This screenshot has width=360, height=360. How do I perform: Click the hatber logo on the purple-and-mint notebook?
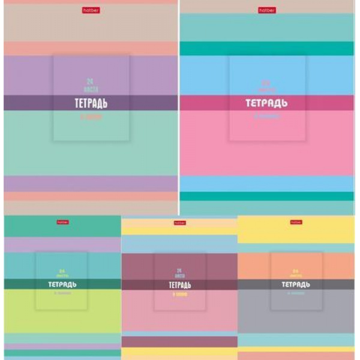91,10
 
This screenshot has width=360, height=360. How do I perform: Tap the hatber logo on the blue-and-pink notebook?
267,10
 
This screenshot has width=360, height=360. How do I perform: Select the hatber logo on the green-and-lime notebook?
62,222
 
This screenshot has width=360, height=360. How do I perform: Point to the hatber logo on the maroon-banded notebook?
179,223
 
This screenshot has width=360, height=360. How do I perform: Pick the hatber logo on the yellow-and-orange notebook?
296,222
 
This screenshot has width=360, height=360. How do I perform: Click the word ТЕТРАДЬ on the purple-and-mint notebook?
91,103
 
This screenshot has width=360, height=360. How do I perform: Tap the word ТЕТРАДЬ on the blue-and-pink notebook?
267,103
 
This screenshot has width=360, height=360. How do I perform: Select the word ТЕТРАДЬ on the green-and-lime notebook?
62,284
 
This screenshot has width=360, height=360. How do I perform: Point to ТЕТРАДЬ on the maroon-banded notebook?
179,284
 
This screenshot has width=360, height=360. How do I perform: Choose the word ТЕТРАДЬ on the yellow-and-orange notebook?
296,284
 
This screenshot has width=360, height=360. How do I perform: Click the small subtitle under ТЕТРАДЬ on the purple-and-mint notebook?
91,118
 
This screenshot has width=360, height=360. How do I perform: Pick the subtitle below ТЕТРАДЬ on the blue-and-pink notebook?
267,118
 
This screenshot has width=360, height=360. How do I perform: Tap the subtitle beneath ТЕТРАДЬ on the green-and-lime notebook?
62,294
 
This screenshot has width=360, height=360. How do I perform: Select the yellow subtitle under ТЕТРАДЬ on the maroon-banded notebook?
179,295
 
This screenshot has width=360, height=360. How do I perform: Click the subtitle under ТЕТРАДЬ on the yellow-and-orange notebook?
296,294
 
